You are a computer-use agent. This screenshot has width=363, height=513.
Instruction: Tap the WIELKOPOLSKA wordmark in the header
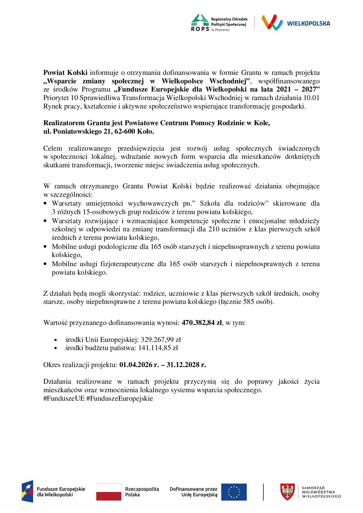pos(309,23)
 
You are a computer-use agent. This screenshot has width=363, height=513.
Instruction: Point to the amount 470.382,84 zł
pos(202,323)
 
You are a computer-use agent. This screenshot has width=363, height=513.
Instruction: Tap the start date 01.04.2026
pos(135,365)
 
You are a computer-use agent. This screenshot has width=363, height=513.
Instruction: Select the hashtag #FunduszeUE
pos(64,398)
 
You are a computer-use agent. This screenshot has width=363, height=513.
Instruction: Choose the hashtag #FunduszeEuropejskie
pos(120,398)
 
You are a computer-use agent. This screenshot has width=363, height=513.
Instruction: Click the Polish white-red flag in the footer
pos(109,492)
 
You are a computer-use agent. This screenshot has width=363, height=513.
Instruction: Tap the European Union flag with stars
pos(234,492)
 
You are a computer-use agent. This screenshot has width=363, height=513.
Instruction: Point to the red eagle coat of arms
pos(287,492)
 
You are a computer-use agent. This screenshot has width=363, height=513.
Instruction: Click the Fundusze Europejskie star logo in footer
pos(27,492)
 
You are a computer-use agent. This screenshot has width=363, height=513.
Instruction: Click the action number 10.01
pos(312,98)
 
